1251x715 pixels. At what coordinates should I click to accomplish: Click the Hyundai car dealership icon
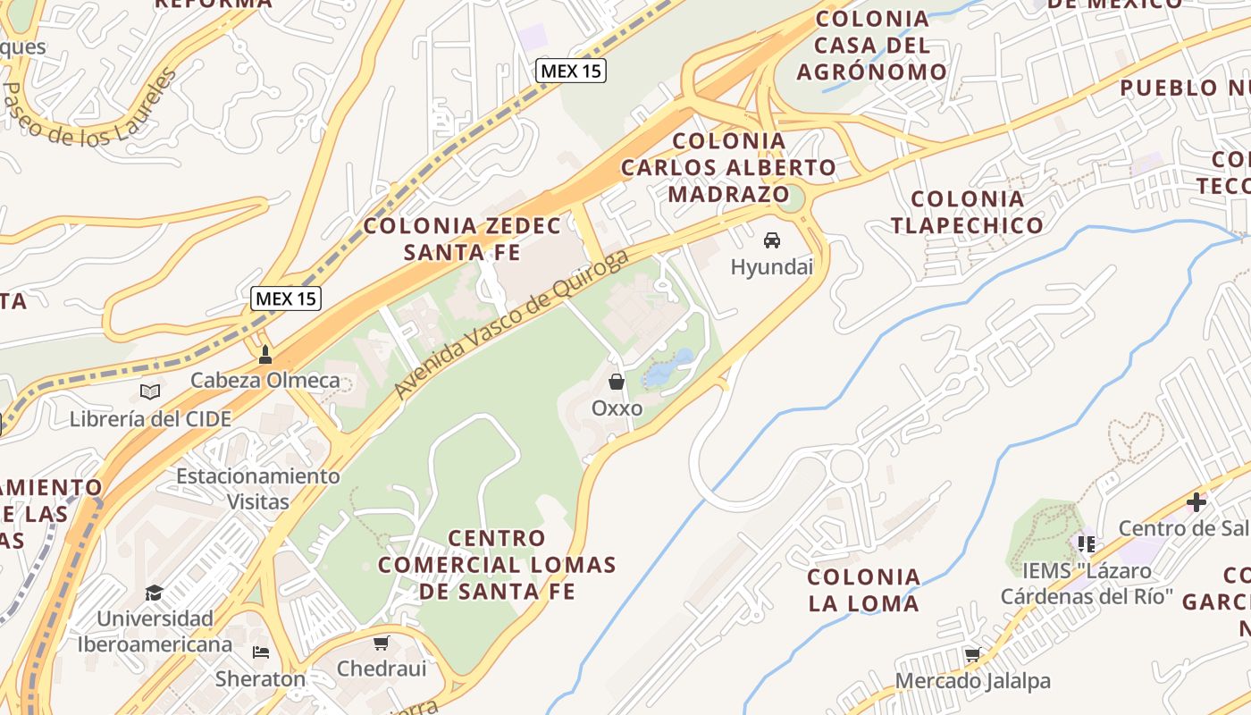pyautogui.click(x=772, y=240)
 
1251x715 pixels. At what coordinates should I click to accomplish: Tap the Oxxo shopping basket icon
pyautogui.click(x=617, y=383)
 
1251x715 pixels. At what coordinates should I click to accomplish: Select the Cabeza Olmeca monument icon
pyautogui.click(x=264, y=355)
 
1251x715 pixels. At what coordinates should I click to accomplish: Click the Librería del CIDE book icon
pyautogui.click(x=150, y=392)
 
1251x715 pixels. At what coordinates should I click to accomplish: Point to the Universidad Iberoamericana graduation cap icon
pyautogui.click(x=155, y=593)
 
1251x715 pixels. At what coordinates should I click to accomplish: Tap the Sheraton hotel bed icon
pyautogui.click(x=261, y=652)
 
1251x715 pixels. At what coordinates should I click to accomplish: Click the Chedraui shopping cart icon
pyautogui.click(x=382, y=643)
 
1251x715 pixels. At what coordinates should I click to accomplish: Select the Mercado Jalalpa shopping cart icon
pyautogui.click(x=973, y=655)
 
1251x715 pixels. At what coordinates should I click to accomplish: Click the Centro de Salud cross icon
pyautogui.click(x=1196, y=502)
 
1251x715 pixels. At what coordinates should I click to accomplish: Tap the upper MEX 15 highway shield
pyautogui.click(x=571, y=71)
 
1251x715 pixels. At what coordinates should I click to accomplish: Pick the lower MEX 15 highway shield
pyautogui.click(x=285, y=299)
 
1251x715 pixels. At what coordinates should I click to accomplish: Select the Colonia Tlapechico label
pyautogui.click(x=967, y=212)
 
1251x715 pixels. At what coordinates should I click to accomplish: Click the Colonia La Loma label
pyautogui.click(x=863, y=590)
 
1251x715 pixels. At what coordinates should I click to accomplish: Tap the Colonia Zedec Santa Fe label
pyautogui.click(x=462, y=239)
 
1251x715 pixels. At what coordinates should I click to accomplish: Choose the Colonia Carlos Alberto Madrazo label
pyautogui.click(x=729, y=167)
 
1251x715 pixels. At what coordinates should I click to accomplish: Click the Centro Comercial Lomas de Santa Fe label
pyautogui.click(x=497, y=564)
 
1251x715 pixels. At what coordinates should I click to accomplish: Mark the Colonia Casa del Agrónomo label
pyautogui.click(x=872, y=45)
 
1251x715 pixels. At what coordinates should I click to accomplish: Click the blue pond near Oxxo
pyautogui.click(x=669, y=367)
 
